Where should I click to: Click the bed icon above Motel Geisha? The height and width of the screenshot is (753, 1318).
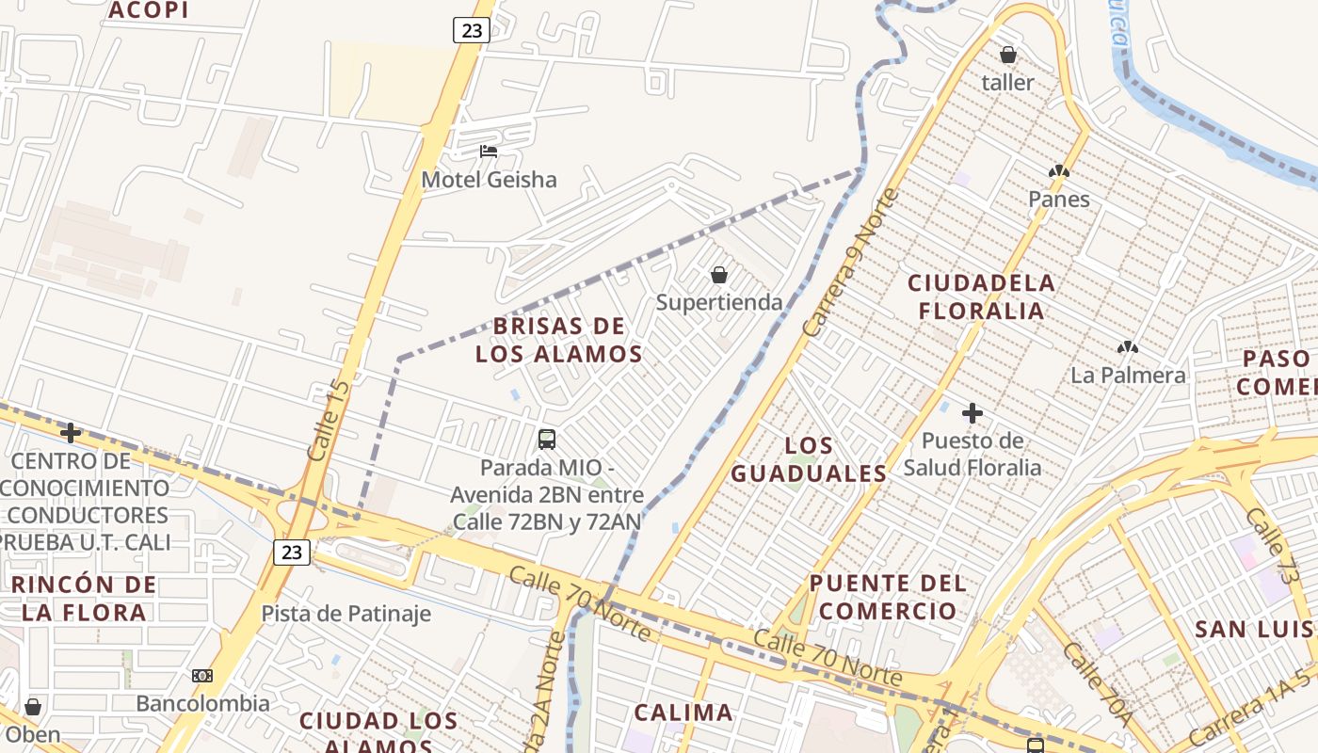[x=488, y=151]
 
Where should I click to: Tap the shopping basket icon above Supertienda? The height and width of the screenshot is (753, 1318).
[x=719, y=275]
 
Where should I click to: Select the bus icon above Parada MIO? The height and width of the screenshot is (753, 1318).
[x=546, y=439]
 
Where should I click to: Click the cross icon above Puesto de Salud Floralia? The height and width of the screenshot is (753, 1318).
[x=972, y=412]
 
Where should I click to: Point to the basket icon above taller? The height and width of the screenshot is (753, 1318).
[x=1007, y=55]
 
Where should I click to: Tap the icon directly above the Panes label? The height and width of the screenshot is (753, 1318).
[x=1059, y=171]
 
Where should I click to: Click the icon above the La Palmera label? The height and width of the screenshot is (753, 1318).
[x=1127, y=347]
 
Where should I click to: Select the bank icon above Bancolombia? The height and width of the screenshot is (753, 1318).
[x=202, y=676]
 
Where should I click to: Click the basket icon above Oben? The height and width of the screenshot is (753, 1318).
[x=33, y=706]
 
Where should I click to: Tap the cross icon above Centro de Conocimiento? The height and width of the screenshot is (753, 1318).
[x=70, y=433]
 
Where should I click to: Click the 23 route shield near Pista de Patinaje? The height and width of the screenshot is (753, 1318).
[x=292, y=552]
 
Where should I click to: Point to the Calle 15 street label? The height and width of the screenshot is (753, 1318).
[x=328, y=420]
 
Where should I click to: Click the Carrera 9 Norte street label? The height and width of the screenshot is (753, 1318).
[x=851, y=264]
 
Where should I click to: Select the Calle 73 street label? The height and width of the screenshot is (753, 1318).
[x=1271, y=543]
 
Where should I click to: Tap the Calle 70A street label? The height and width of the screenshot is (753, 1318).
[x=1098, y=683]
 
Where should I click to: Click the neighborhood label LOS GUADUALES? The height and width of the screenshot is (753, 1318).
[x=809, y=459]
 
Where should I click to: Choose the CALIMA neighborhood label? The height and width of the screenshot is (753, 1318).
[x=683, y=713]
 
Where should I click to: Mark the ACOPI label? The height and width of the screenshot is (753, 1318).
[x=149, y=10]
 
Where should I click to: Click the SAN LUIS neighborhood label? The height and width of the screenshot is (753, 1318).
[x=1252, y=629]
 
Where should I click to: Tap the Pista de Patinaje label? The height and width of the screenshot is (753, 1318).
[x=346, y=614]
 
